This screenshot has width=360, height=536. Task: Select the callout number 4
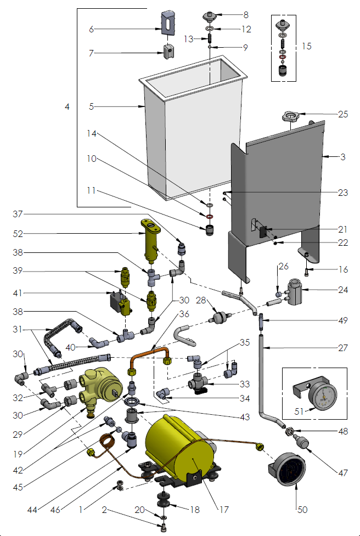[x=67, y=107]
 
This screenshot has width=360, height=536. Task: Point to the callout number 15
[x=306, y=46]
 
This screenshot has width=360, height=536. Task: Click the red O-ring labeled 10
[x=210, y=218]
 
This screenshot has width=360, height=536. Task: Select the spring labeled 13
[x=210, y=40]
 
